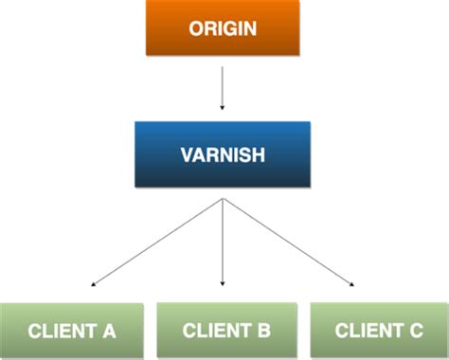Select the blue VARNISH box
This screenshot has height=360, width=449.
pos(222,153)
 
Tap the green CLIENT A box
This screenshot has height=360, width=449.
pos(72,332)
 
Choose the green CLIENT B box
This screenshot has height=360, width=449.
pos(226,331)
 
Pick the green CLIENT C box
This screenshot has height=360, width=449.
pos(379,332)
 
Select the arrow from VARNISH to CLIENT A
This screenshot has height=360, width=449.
pos(156,242)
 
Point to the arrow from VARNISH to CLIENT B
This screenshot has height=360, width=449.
pos(222,242)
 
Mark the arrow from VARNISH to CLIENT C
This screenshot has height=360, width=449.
pos(289,242)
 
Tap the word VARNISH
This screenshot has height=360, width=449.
pos(222,153)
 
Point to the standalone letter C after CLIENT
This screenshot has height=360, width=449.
pos(416,332)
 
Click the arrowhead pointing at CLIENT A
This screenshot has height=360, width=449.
pos(92,283)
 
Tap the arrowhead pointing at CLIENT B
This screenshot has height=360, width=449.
pos(222,283)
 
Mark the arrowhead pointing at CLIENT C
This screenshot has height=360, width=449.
pos(353,283)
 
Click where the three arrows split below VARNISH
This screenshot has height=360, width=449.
pos(222,199)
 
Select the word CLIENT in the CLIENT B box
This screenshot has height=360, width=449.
pos(214,331)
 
